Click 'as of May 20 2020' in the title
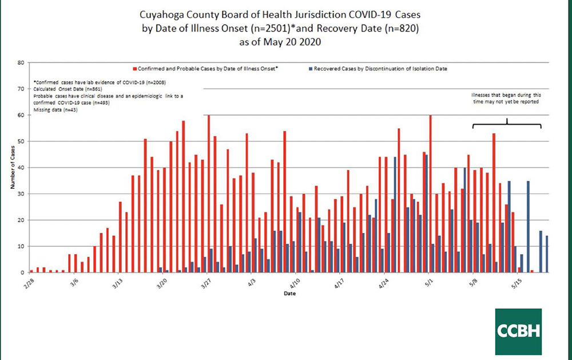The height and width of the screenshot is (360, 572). tap(285, 42)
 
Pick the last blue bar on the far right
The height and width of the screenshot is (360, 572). tap(547, 254)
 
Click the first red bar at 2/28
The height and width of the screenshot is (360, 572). tap(31, 271)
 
